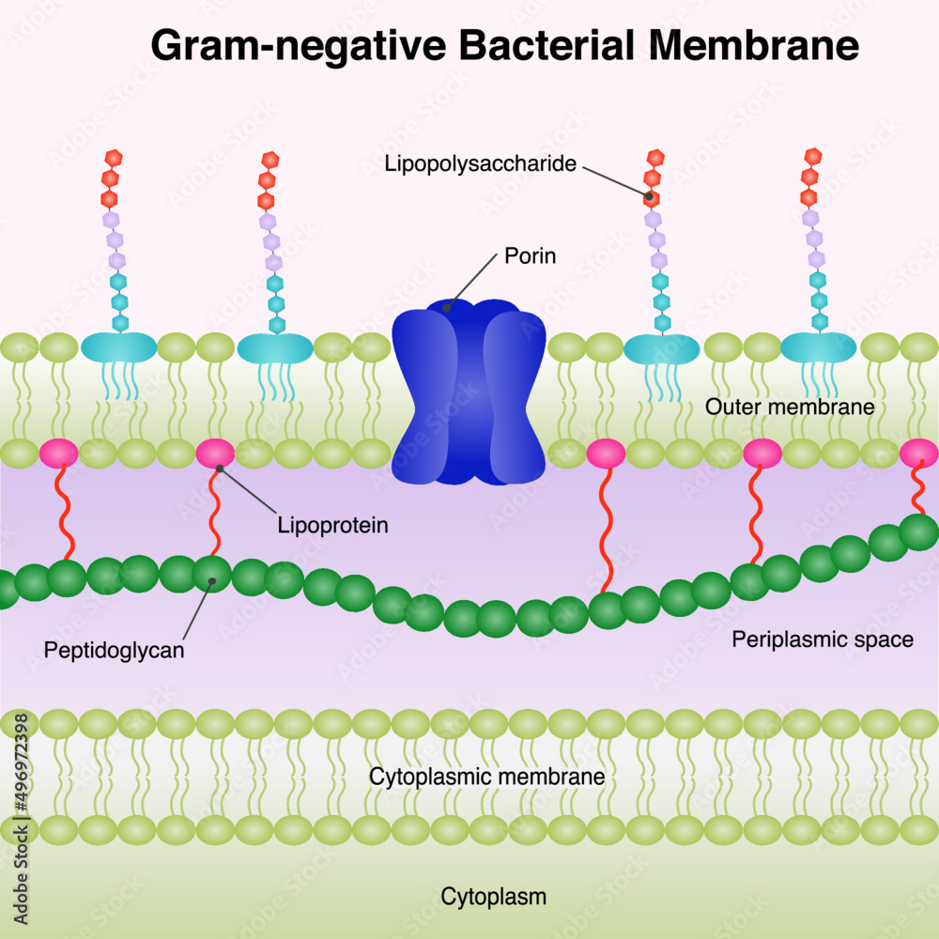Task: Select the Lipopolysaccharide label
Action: [480, 164]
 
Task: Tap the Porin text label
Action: [530, 255]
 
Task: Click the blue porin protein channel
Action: [469, 394]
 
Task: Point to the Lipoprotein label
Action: [332, 525]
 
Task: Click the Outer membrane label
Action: [790, 408]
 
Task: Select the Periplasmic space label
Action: [822, 640]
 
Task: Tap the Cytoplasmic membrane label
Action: [485, 777]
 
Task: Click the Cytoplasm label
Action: [493, 897]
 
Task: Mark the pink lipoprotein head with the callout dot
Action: [215, 454]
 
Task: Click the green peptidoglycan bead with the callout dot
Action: [212, 574]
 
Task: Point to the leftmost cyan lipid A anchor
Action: [119, 347]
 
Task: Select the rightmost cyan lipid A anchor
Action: [819, 347]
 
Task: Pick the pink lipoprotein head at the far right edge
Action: [918, 454]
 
